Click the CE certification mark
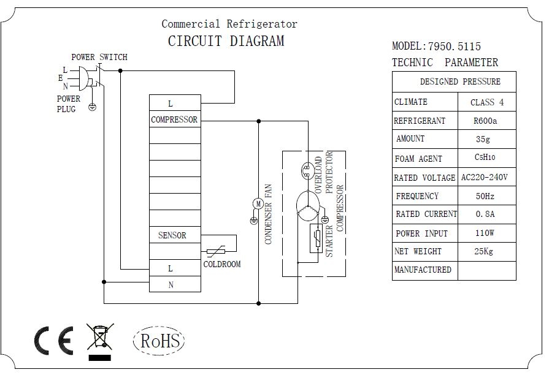point(54,341)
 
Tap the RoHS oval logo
point(159,340)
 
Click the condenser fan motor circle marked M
point(258,203)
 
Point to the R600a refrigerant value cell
point(485,121)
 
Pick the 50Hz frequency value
point(485,196)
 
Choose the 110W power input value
point(485,233)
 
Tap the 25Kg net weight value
point(483,251)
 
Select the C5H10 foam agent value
point(485,157)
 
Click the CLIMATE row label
point(411,102)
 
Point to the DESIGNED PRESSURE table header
point(460,81)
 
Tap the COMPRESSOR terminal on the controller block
point(175,119)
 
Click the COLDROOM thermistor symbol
point(216,251)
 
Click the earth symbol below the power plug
point(92,107)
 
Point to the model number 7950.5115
point(455,46)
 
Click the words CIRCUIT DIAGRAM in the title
point(226,41)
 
